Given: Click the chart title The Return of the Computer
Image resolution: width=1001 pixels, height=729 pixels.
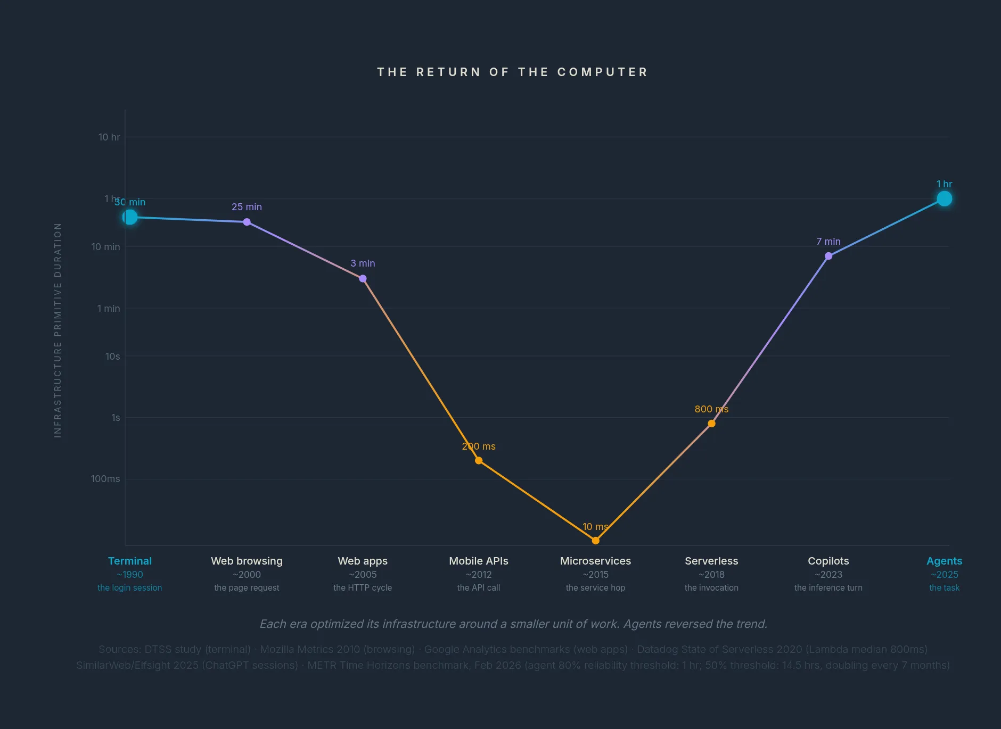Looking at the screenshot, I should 512,72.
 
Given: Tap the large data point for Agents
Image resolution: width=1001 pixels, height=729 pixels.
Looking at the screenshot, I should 944,199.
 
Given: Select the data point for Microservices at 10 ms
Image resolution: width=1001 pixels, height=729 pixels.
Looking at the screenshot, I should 595,541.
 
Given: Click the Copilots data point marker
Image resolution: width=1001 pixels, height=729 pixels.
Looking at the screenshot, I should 828,256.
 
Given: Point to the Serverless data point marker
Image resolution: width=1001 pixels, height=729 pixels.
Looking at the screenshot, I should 711,424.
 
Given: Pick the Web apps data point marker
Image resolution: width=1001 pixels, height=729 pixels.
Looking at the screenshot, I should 363,279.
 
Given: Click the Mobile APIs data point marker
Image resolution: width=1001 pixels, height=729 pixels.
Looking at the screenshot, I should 479,461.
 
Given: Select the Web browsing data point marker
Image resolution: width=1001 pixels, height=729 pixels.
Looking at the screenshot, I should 247,222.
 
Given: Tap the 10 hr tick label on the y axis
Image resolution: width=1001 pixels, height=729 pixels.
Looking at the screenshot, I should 109,137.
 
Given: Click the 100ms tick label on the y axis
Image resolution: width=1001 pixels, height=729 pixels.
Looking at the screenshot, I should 105,479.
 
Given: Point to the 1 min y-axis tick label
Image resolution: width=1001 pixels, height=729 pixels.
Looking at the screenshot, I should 109,309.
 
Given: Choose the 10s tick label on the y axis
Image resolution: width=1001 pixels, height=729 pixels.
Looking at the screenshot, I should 112,357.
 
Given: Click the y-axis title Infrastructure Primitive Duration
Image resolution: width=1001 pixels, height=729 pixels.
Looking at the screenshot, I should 58,330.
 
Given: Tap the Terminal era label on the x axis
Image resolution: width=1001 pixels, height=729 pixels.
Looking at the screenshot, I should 130,561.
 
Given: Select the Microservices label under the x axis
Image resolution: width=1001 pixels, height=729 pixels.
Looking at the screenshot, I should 595,561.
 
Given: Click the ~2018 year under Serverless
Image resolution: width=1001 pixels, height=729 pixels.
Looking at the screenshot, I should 711,575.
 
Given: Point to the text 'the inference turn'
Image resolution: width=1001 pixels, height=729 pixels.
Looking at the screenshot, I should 828,588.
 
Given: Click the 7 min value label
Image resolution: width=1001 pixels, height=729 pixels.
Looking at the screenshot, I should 828,242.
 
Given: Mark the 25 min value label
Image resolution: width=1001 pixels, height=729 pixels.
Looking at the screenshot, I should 247,207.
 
